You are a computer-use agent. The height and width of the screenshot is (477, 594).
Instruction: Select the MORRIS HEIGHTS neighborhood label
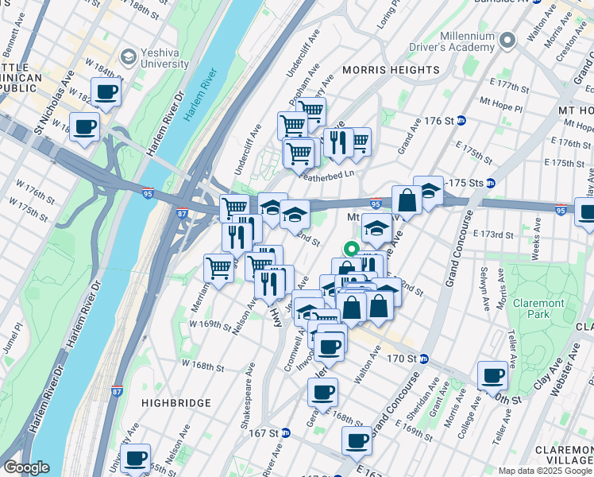391,70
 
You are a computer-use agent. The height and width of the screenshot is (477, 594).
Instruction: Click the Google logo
25,467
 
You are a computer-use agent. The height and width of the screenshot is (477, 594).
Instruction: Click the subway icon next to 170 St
425,359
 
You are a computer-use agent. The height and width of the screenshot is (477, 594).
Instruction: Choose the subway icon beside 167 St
285,433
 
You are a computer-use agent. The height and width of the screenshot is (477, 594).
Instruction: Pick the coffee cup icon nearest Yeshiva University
105,91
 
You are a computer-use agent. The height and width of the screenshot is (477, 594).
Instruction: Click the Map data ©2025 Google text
543,471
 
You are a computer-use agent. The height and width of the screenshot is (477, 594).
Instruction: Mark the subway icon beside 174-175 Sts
490,182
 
